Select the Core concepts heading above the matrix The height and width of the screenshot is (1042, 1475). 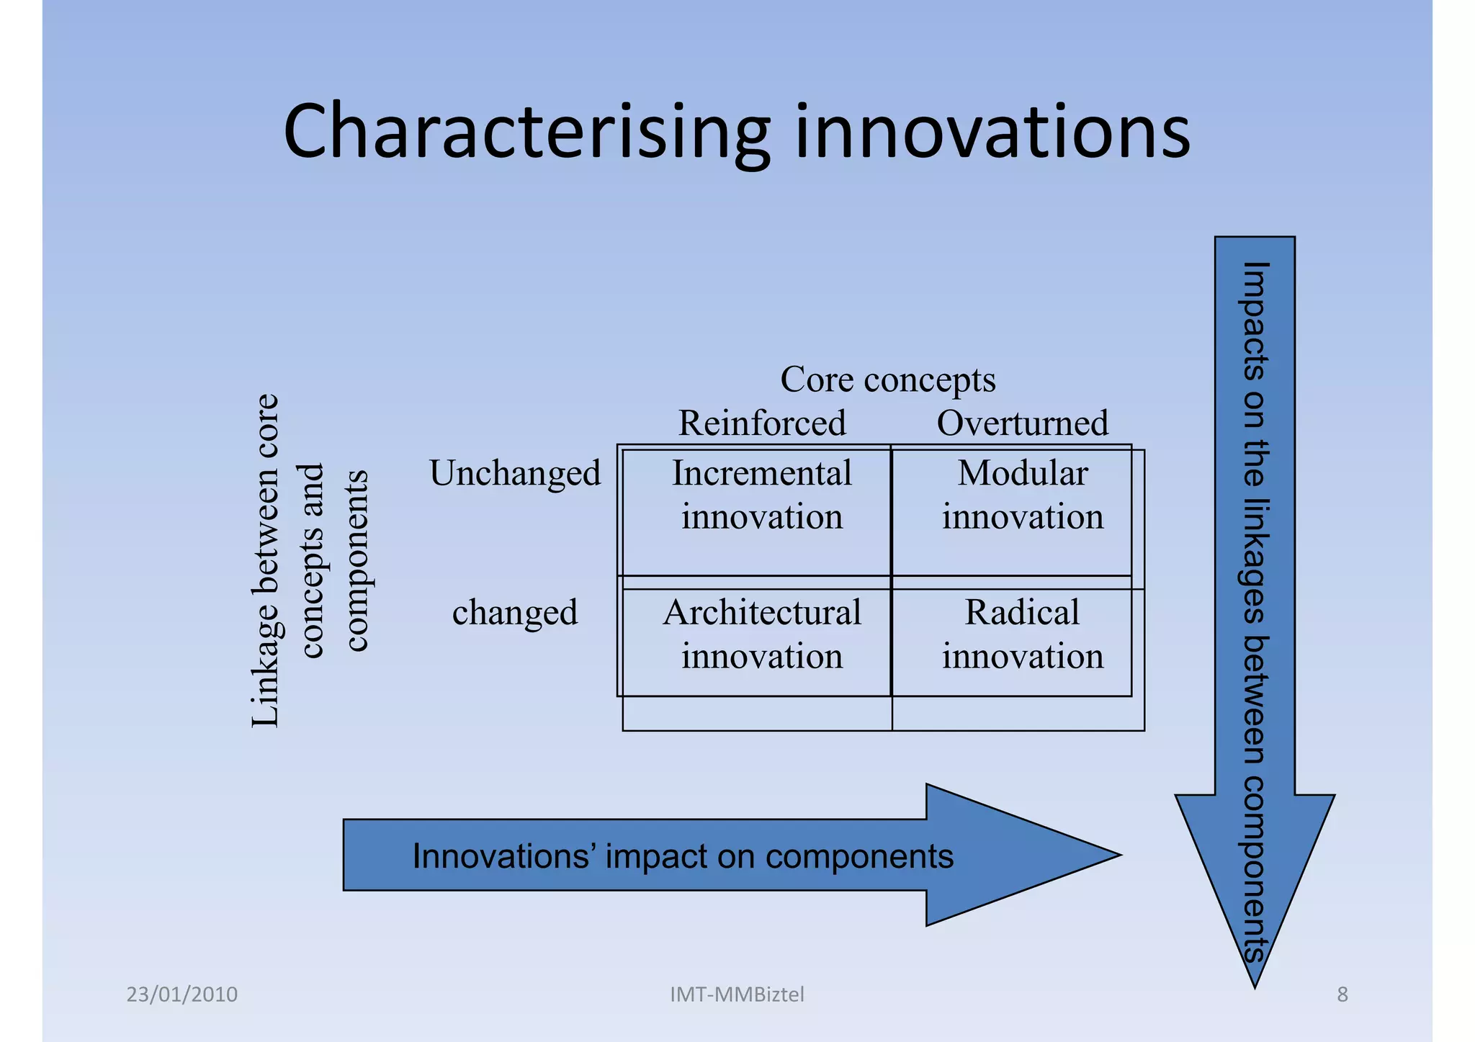pyautogui.click(x=887, y=379)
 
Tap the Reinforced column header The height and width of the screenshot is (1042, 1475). pyautogui.click(x=762, y=423)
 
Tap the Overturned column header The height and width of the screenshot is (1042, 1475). pyautogui.click(x=1022, y=423)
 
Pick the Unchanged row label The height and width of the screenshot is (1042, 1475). pyautogui.click(x=515, y=474)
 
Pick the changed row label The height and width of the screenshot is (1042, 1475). pyautogui.click(x=515, y=613)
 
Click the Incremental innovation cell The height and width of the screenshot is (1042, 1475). pyautogui.click(x=762, y=495)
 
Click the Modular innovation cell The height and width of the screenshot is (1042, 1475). pyautogui.click(x=1022, y=495)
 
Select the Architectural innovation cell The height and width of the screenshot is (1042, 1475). pyautogui.click(x=762, y=634)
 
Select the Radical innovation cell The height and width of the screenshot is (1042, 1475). pyautogui.click(x=1022, y=634)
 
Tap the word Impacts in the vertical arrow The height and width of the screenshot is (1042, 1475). pyautogui.click(x=1254, y=321)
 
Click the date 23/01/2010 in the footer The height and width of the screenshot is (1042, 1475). pyautogui.click(x=181, y=994)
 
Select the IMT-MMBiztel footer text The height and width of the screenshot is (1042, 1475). pyautogui.click(x=737, y=994)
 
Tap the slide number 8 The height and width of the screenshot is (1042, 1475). pyautogui.click(x=1342, y=994)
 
